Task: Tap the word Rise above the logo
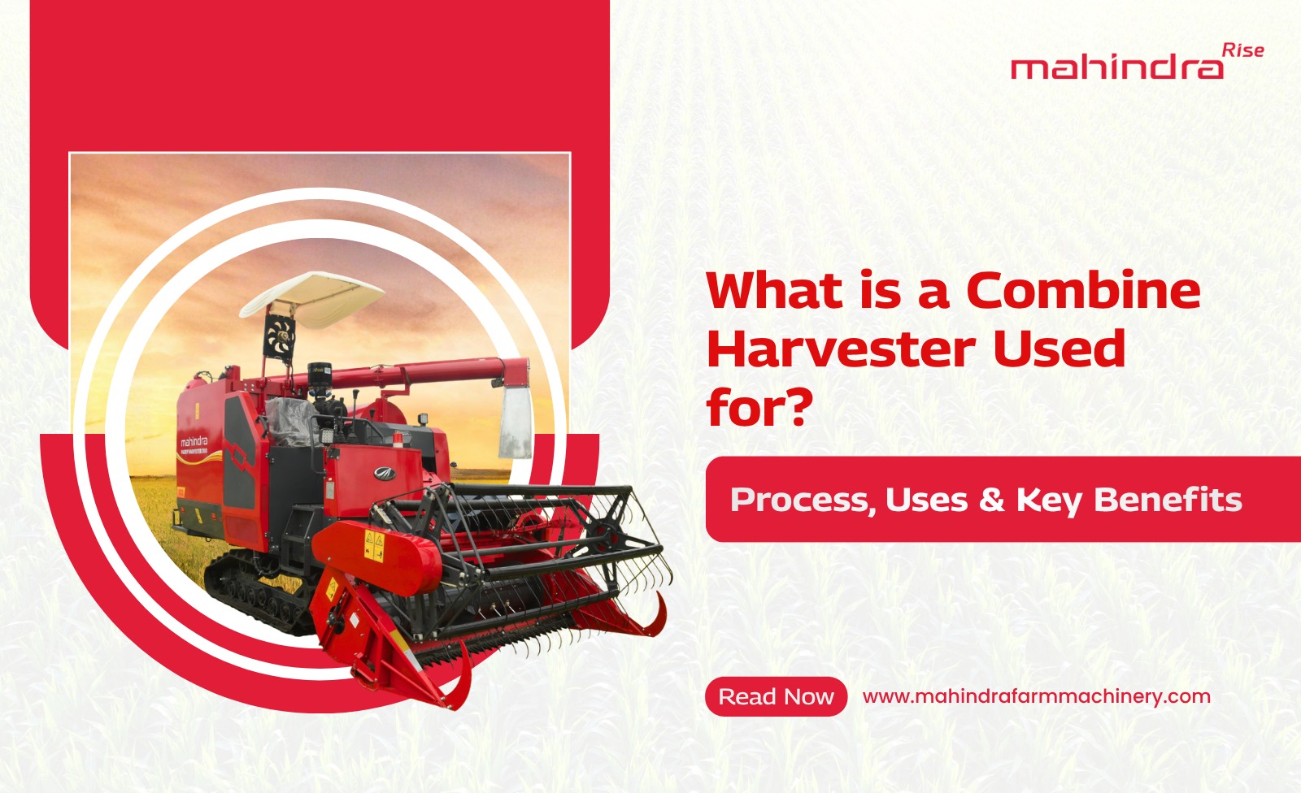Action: pos(1243,51)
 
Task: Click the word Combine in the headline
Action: pos(1083,290)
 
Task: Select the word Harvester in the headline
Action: pos(841,349)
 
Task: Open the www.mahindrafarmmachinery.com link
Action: pos(1037,696)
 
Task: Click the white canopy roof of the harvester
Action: pos(312,298)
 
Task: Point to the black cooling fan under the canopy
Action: pos(279,336)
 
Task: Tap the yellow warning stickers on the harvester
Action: pos(373,546)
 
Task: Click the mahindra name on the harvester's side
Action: pos(194,441)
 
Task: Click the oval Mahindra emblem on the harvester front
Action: pos(384,473)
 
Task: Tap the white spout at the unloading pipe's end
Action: pos(516,422)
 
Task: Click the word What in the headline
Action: pos(775,290)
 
